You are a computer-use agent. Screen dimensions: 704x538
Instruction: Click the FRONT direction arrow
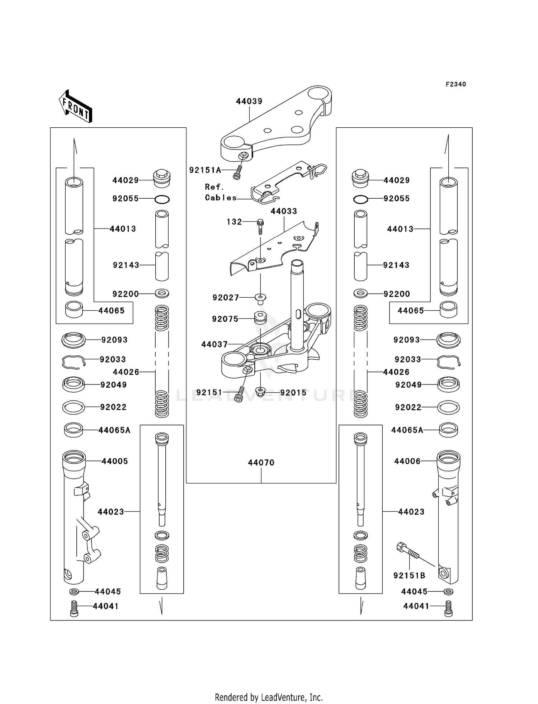pyautogui.click(x=76, y=106)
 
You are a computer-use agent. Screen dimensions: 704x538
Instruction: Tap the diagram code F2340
pyautogui.click(x=456, y=84)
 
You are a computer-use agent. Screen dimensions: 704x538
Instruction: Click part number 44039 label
pyautogui.click(x=249, y=101)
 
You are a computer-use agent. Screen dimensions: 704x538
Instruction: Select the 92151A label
pyautogui.click(x=205, y=170)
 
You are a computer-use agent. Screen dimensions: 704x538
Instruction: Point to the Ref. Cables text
pyautogui.click(x=220, y=192)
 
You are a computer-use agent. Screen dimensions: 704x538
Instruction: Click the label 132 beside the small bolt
pyautogui.click(x=234, y=222)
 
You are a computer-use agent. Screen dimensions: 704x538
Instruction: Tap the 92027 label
pyautogui.click(x=225, y=297)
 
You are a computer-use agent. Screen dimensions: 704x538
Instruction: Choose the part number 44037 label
pyautogui.click(x=214, y=345)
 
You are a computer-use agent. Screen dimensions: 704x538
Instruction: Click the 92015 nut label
pyautogui.click(x=293, y=393)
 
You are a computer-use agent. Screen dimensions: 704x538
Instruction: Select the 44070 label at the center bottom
pyautogui.click(x=261, y=463)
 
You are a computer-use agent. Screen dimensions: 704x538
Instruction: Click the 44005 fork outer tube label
pyautogui.click(x=114, y=461)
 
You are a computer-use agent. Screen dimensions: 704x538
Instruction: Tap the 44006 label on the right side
pyautogui.click(x=407, y=461)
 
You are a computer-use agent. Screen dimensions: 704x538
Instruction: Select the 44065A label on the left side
pyautogui.click(x=114, y=430)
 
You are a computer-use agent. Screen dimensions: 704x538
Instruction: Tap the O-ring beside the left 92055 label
pyautogui.click(x=162, y=199)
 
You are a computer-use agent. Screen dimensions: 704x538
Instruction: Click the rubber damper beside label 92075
pyautogui.click(x=260, y=318)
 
